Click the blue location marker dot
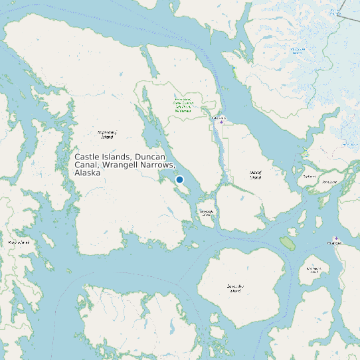point(179,179)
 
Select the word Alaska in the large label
point(88,173)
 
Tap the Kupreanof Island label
point(106,135)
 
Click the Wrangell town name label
point(334,244)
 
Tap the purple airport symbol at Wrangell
point(336,238)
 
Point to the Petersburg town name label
point(219,118)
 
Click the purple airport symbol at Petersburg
point(222,122)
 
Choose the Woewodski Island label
point(206,213)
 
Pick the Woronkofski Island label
point(314,270)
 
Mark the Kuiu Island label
point(19,242)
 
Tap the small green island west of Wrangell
point(287,242)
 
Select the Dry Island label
point(309,177)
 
